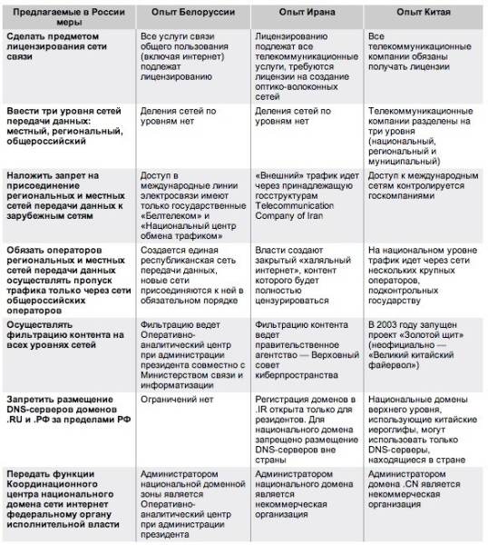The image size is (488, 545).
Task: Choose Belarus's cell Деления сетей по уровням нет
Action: click(182, 115)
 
